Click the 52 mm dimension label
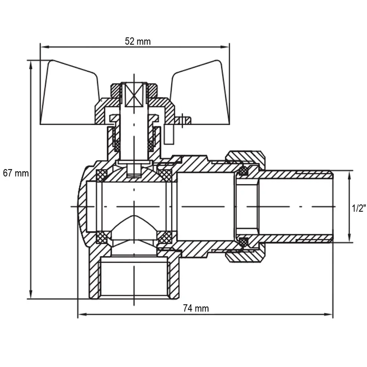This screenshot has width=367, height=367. pos(138,41)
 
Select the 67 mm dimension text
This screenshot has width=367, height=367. pos(16,173)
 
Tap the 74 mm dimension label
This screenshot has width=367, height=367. pos(196,308)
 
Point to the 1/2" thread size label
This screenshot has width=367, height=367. pos(359,208)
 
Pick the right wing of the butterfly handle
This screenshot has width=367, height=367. pos(201,94)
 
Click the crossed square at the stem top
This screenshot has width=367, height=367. pos(134,94)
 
